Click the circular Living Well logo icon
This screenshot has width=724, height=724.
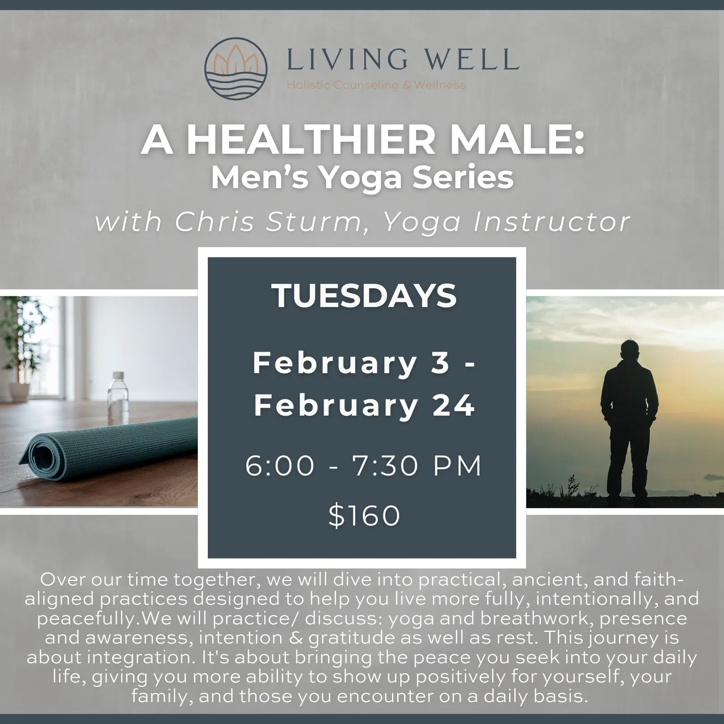(x=236, y=68)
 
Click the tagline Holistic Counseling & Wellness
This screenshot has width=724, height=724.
(x=376, y=84)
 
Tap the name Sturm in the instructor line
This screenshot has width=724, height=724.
(x=313, y=221)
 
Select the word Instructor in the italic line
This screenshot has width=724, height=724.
(x=551, y=221)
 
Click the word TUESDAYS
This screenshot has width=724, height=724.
(x=364, y=296)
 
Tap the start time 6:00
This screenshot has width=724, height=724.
(x=280, y=466)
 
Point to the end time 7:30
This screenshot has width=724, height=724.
(x=385, y=466)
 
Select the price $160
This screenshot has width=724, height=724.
(x=364, y=515)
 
